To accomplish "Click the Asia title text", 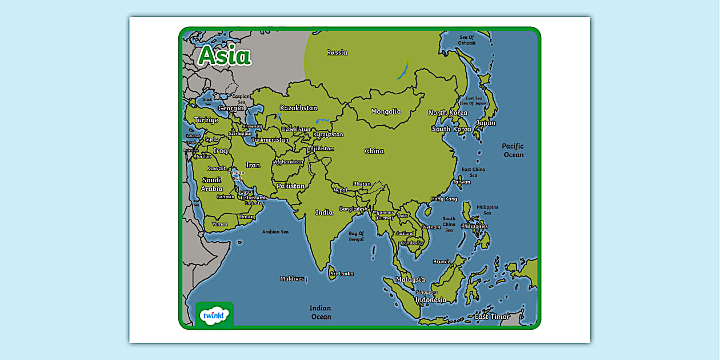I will click(225, 56).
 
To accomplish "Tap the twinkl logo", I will click(214, 315).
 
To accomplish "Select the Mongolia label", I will click(386, 111).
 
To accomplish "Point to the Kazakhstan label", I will click(298, 108).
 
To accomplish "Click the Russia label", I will click(337, 53).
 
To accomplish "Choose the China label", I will click(374, 151).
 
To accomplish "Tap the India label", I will click(324, 213).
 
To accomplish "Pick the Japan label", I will click(486, 123).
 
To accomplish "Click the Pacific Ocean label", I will click(513, 150).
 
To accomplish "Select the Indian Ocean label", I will click(321, 313).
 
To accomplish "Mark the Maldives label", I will click(292, 279).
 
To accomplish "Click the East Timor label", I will click(492, 317).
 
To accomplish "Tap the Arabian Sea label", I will click(275, 232).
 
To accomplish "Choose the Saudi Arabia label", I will click(211, 184).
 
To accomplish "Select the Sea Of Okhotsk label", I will click(467, 40).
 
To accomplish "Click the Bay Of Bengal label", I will click(356, 236).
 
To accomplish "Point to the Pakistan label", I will click(291, 186).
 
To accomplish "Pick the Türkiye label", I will click(206, 120).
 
